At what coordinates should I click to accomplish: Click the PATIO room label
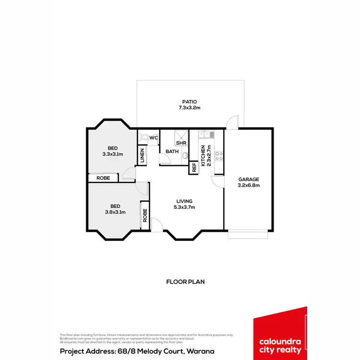pos(190,102)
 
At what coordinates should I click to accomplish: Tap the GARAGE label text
pos(249,180)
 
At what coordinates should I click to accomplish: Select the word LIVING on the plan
pos(184,201)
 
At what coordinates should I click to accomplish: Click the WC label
pos(154,138)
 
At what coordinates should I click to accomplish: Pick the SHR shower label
pos(181,143)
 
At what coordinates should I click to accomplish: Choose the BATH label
pos(172,152)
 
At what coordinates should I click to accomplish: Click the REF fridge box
pos(194,168)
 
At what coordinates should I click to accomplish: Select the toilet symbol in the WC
pos(144,137)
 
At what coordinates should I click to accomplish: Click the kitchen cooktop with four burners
pos(217,156)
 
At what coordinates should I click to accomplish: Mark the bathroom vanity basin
pos(184,155)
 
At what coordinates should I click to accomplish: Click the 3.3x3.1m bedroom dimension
pos(113,154)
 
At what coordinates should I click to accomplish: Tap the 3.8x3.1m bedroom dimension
pos(115,212)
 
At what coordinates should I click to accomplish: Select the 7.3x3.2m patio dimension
pos(190,108)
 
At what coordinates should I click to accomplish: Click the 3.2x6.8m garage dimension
pos(249,185)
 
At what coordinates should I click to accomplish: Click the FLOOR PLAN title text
pos(185,282)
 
